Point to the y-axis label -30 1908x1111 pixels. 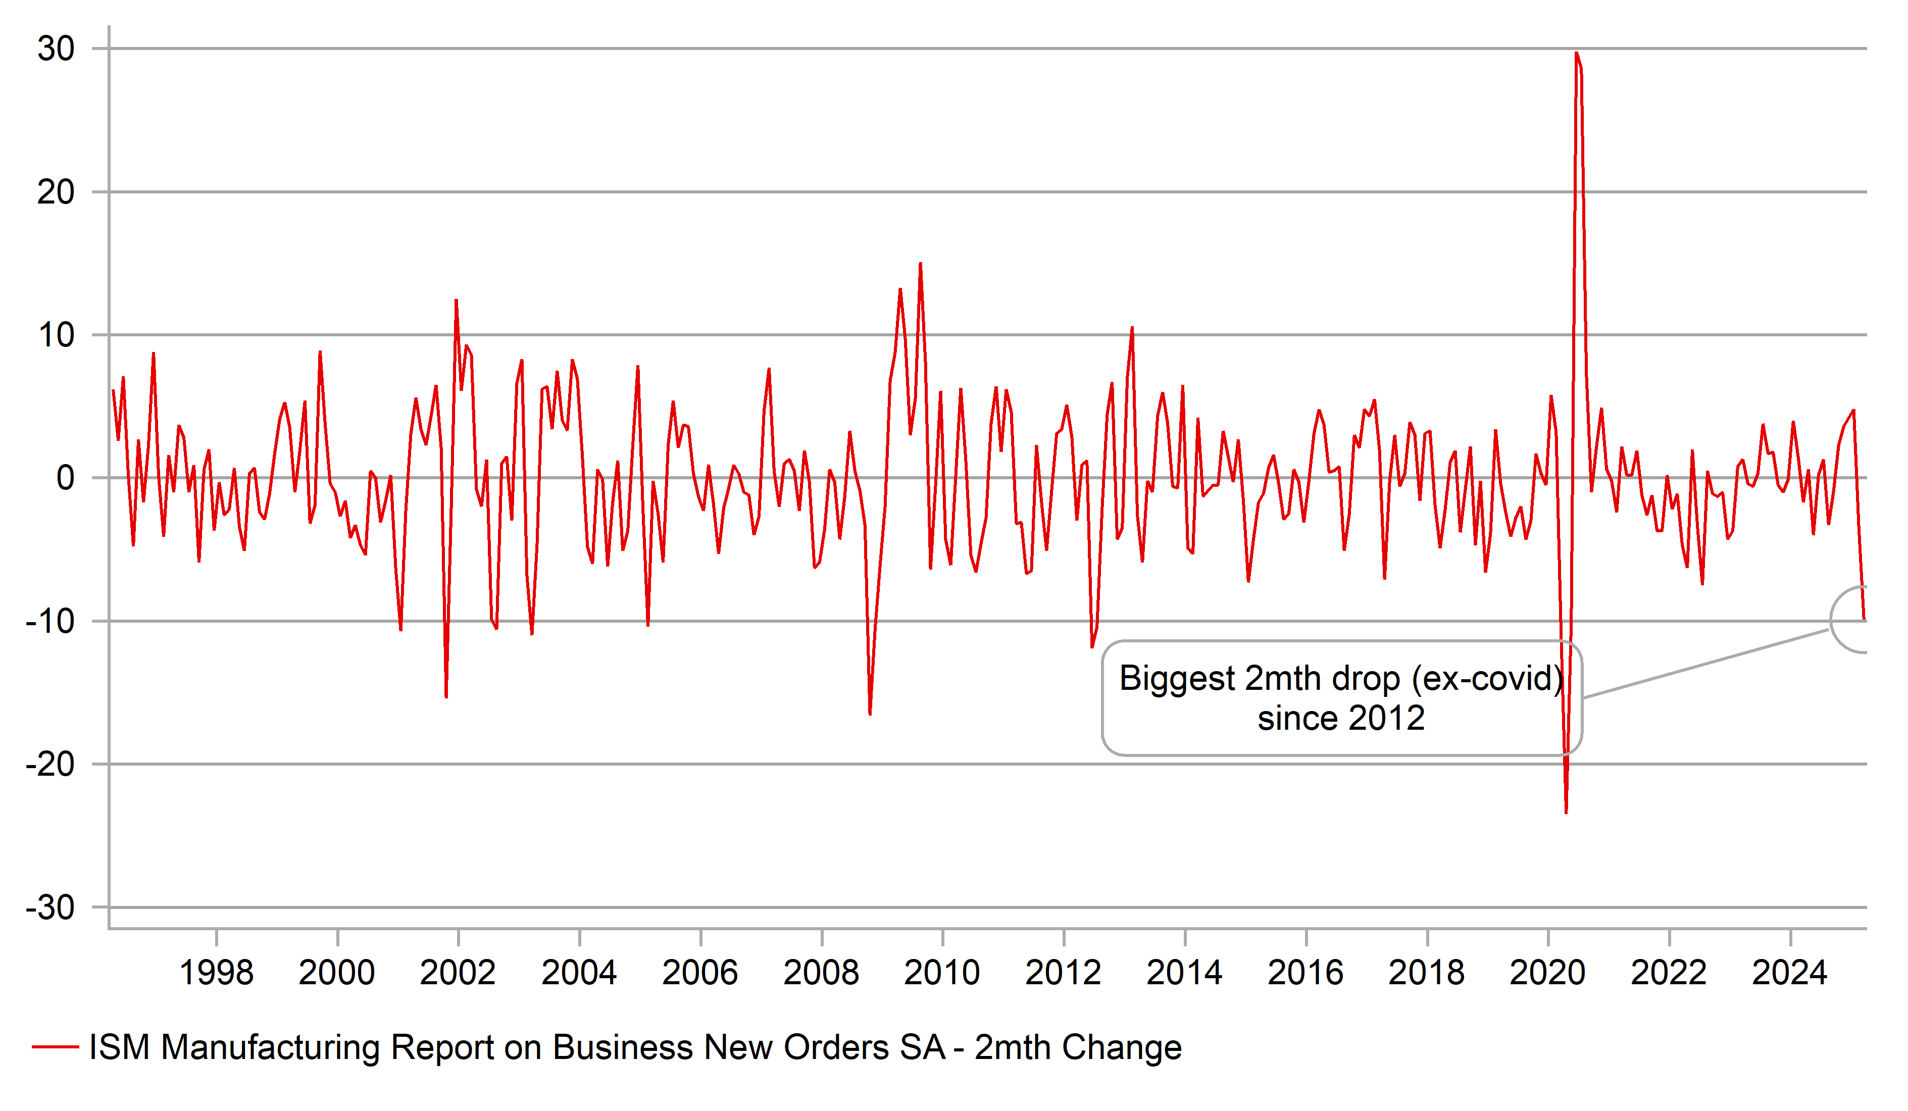[x=50, y=908]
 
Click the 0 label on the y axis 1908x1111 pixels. [x=65, y=479]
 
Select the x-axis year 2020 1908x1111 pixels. [x=1547, y=973]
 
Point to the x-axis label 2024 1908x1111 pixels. [x=1789, y=973]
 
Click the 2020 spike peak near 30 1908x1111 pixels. [x=1576, y=53]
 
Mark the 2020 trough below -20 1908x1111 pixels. [x=1566, y=812]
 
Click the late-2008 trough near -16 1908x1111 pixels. [x=870, y=714]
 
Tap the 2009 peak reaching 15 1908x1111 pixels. [x=920, y=264]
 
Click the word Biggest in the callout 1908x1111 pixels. [x=1177, y=679]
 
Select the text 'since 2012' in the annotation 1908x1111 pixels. [x=1341, y=718]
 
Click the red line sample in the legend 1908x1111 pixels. [x=55, y=1047]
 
